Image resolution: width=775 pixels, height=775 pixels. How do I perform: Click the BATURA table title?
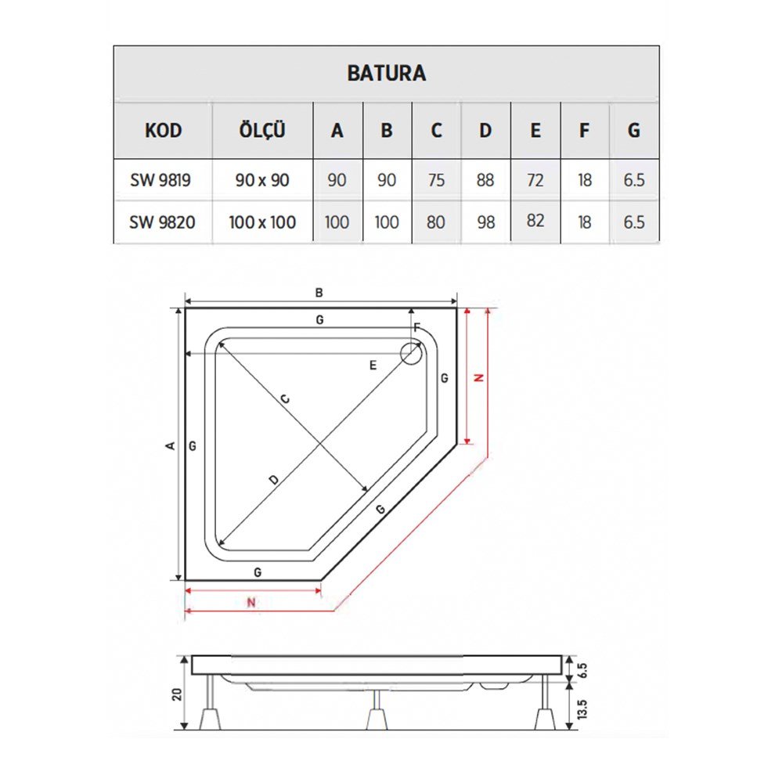(386, 73)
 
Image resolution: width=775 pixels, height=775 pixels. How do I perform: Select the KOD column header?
(163, 131)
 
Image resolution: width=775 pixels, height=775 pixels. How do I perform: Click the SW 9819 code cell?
(160, 180)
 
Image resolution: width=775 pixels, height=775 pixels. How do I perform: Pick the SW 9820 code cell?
(162, 222)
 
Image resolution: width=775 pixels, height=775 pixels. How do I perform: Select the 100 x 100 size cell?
(262, 222)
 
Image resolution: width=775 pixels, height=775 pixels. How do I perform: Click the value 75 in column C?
(436, 180)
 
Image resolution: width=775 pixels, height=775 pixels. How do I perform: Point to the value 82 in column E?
(535, 221)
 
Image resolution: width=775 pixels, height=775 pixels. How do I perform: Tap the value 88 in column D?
(485, 180)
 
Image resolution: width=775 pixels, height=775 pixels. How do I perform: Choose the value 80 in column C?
(436, 222)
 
